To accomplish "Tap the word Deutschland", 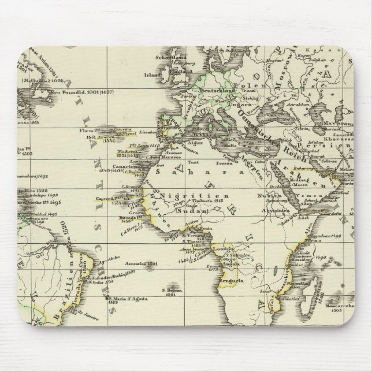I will click(x=215, y=91).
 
